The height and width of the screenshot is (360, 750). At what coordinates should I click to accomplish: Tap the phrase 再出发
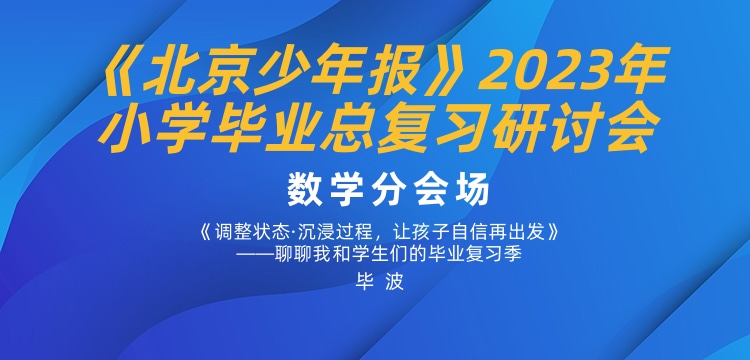[x=519, y=229]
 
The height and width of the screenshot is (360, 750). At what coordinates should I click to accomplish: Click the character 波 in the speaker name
[x=392, y=282]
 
